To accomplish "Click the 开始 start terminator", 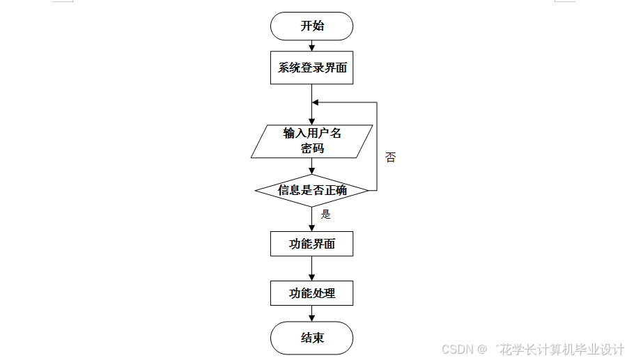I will click(x=311, y=26).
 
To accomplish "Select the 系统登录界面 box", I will click(x=311, y=68).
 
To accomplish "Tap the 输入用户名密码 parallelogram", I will click(x=311, y=141).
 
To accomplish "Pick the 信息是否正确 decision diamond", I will click(x=311, y=190).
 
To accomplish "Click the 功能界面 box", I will click(x=311, y=244).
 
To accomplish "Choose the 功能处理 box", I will click(x=311, y=293).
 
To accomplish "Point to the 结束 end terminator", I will click(x=311, y=338).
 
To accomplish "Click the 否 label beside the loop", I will click(x=390, y=157).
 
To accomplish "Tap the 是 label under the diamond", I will click(x=325, y=214).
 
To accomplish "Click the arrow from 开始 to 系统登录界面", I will click(x=311, y=46).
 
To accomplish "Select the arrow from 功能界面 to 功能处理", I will click(x=311, y=268).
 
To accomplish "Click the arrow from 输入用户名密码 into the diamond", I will click(x=311, y=166).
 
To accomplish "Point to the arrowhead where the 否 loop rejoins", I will click(x=316, y=102).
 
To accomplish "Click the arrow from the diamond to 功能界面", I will click(x=311, y=219).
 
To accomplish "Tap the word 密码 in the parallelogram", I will click(x=311, y=148).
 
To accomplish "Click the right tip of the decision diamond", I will click(x=367, y=190).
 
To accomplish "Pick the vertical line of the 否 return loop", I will click(x=377, y=146).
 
